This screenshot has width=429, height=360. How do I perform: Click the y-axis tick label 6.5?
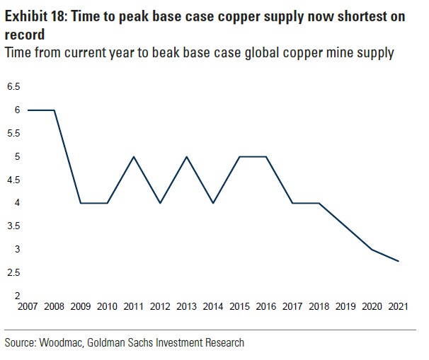click(13, 87)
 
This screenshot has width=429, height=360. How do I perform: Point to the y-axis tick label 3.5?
click(13, 226)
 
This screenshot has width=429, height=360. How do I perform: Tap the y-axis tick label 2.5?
click(13, 273)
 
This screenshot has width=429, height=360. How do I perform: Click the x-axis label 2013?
click(187, 306)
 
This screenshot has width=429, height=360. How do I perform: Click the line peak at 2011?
click(134, 157)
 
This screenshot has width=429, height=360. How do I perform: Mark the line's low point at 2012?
click(161, 203)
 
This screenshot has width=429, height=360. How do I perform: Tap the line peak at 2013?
click(187, 157)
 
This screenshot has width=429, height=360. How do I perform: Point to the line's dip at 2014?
click(214, 203)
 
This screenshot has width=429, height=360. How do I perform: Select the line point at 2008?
click(55, 110)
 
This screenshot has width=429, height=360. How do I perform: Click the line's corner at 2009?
click(81, 203)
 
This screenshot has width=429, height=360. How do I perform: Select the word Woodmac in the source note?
click(65, 342)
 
